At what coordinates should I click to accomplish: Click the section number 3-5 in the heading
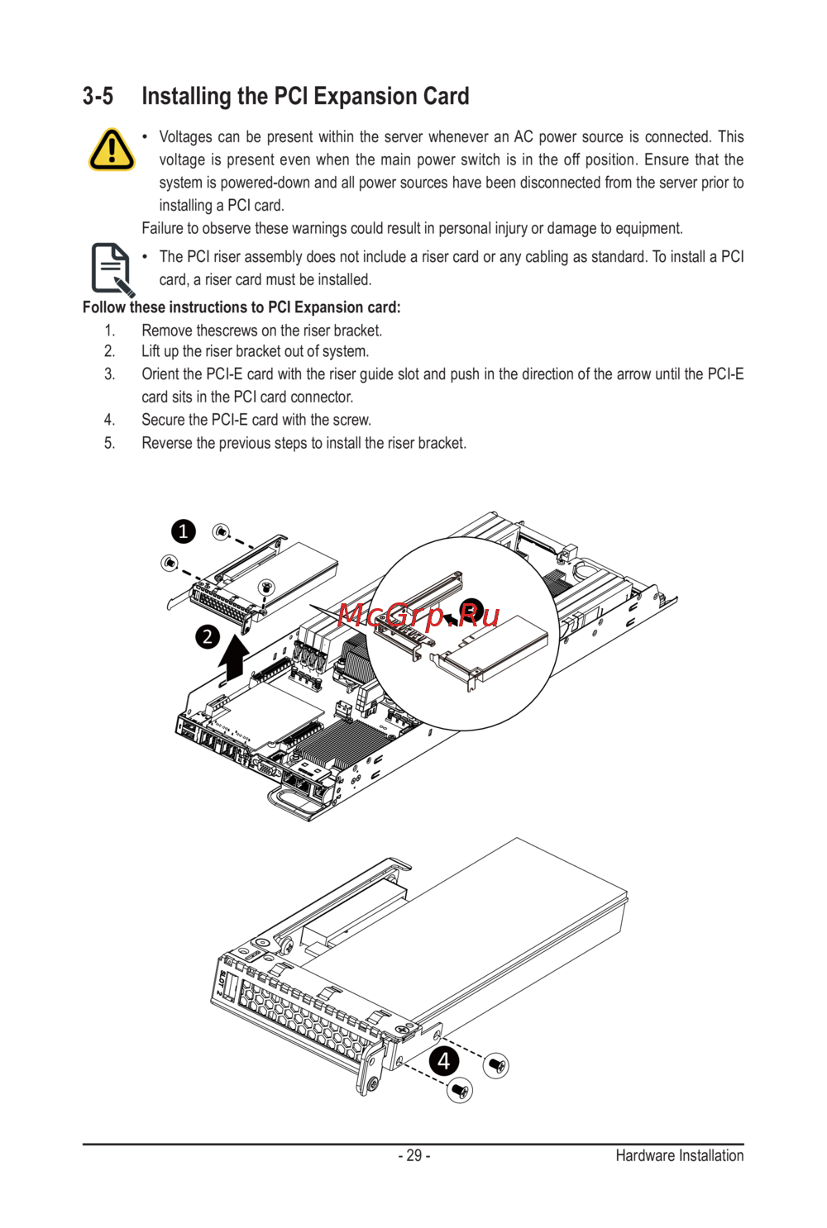(98, 97)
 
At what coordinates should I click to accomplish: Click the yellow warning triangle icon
(112, 150)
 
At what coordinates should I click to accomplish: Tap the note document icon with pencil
(112, 269)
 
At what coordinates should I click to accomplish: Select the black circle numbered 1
(184, 531)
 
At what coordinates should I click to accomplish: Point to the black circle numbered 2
(208, 636)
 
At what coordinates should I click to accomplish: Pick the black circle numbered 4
(444, 1060)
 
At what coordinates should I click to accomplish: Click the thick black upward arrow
(234, 657)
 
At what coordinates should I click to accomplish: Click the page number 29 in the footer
(413, 1155)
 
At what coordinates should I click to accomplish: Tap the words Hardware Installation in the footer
(679, 1155)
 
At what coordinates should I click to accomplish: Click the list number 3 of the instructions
(109, 374)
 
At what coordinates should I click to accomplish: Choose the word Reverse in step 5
(167, 443)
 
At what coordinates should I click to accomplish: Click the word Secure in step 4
(164, 420)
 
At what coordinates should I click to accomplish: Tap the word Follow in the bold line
(104, 307)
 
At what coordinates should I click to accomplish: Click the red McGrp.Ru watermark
(418, 615)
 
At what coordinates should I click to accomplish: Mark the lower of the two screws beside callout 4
(459, 1091)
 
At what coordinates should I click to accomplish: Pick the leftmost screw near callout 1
(169, 563)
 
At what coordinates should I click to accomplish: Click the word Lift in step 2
(151, 351)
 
